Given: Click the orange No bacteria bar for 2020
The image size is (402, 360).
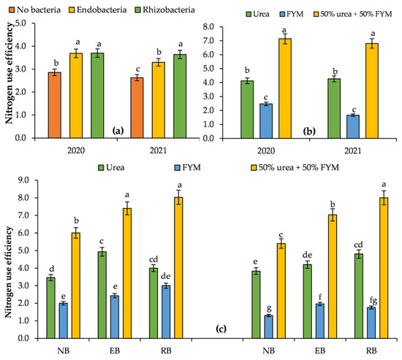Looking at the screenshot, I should tap(54, 105).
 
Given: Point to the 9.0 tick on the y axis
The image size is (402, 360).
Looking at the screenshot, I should tap(28, 180).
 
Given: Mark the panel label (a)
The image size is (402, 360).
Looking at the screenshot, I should tap(117, 131).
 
